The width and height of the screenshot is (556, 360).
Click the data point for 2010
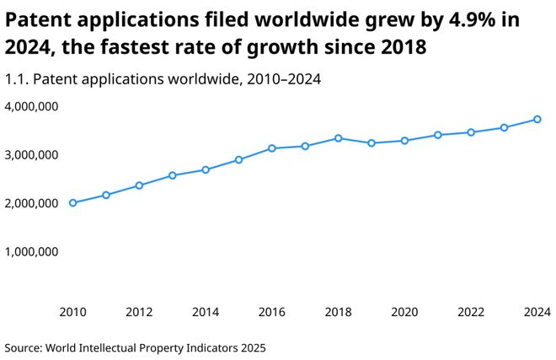[72, 202]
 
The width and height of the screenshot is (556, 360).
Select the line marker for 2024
[537, 119]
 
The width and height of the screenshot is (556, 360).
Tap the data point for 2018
[338, 138]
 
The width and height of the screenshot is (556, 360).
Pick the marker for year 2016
[271, 148]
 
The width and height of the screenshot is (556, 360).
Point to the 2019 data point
[372, 143]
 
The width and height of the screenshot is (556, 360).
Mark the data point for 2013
[172, 175]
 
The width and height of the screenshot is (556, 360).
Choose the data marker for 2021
[438, 135]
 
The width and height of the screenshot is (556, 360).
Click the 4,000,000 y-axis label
[31, 107]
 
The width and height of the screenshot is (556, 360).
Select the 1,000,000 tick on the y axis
[31, 251]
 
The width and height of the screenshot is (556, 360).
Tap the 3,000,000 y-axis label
[31, 155]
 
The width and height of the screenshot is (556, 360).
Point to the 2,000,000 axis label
[31, 203]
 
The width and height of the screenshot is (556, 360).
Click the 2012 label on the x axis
[139, 312]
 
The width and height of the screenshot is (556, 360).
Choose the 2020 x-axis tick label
[404, 312]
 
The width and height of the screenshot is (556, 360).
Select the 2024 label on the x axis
[537, 312]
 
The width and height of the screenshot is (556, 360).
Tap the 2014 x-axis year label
[206, 312]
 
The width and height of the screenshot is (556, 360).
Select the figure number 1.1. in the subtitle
[18, 79]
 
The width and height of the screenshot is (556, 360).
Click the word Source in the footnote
[23, 347]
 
